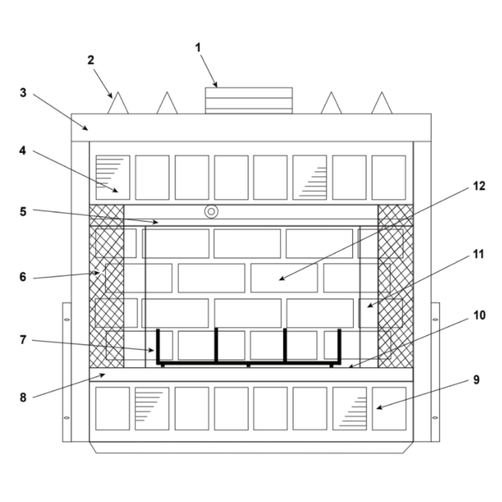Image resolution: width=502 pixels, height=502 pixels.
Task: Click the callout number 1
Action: pyautogui.click(x=198, y=48)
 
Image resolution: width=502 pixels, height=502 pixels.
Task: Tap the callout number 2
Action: pyautogui.click(x=91, y=60)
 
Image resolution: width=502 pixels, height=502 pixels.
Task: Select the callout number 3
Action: pyautogui.click(x=23, y=93)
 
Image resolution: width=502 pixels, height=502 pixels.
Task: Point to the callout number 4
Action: pyautogui.click(x=23, y=151)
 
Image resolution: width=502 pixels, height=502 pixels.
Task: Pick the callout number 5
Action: pyautogui.click(x=23, y=212)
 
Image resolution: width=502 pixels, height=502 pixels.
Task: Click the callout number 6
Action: pyautogui.click(x=23, y=277)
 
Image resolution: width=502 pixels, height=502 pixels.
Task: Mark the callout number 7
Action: pyautogui.click(x=23, y=340)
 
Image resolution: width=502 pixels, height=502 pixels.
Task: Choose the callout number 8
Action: pyautogui.click(x=23, y=398)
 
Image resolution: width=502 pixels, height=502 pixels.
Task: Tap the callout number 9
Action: pyautogui.click(x=476, y=380)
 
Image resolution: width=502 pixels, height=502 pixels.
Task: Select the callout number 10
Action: pyautogui.click(x=479, y=315)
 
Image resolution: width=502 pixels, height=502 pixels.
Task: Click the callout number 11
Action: pyautogui.click(x=478, y=254)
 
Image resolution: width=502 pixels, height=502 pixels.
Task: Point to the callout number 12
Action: pyautogui.click(x=479, y=186)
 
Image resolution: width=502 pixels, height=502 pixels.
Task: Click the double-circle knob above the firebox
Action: pyautogui.click(x=211, y=212)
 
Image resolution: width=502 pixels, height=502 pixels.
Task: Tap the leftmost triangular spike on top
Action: pyautogui.click(x=118, y=104)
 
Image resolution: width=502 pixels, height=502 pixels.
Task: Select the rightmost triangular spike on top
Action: pyautogui.click(x=382, y=104)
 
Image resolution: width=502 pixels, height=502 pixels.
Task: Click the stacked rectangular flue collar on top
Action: pyautogui.click(x=249, y=100)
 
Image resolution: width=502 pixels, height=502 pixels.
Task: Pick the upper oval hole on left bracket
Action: pyautogui.click(x=67, y=319)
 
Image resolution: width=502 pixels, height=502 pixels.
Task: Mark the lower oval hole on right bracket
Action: pyautogui.click(x=435, y=418)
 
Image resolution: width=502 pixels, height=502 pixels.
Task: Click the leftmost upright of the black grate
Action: pyautogui.click(x=158, y=346)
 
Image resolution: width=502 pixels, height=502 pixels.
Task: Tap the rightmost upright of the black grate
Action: pyautogui.click(x=339, y=346)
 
